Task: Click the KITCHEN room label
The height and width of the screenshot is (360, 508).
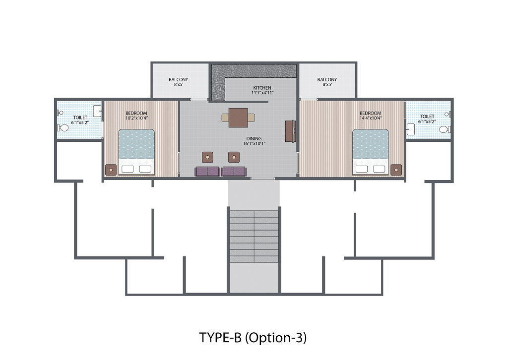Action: [262, 88]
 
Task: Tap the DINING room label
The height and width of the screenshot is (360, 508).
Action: [254, 138]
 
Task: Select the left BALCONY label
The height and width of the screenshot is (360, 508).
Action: [178, 79]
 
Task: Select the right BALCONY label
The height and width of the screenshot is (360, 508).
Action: [327, 79]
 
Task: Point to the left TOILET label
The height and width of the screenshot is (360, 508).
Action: [80, 118]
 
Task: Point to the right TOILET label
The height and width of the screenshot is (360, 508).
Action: [427, 116]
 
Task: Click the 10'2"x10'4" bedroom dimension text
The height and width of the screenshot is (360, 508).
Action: [136, 118]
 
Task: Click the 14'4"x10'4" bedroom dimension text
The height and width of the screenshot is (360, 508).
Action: [370, 118]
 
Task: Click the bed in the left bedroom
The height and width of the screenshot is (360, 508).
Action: [136, 152]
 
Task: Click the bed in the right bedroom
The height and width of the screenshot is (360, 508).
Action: [370, 152]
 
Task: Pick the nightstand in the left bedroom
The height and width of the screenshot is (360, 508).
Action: [111, 170]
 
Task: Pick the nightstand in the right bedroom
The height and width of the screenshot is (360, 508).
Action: [396, 170]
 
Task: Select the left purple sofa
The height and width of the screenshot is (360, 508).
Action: [208, 172]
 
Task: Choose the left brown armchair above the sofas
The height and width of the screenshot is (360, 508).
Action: [207, 157]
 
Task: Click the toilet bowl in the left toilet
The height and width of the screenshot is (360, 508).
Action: [63, 128]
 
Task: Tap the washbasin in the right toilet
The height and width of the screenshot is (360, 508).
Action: [410, 129]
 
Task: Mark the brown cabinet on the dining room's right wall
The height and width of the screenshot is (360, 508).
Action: [290, 131]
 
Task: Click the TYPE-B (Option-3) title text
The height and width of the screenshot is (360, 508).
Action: [253, 338]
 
